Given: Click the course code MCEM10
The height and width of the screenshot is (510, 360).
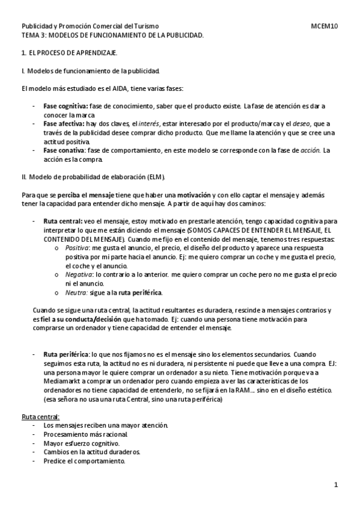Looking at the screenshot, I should click(x=324, y=26).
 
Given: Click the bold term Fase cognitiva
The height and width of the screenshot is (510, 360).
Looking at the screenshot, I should click(x=65, y=106).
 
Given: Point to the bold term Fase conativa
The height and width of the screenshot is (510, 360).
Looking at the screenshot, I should click(x=63, y=150).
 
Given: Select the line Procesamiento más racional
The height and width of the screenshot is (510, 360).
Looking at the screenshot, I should click(x=86, y=434).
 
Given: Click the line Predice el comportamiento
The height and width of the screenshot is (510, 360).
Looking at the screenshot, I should click(x=84, y=461).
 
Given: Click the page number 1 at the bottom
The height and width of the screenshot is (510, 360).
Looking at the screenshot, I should click(x=337, y=484).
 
